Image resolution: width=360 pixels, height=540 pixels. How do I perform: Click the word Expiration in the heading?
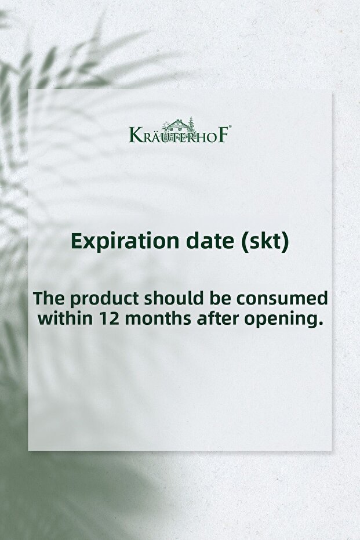tap(125, 242)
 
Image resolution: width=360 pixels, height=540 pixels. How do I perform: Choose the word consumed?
tap(282, 299)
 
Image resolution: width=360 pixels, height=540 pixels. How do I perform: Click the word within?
tap(66, 318)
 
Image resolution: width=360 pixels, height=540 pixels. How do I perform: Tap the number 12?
tap(109, 318)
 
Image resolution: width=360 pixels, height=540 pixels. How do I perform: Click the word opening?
tap(281, 320)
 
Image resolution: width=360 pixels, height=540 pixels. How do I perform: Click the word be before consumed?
tap(220, 298)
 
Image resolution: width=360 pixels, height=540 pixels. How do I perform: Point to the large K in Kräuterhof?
tap(134, 135)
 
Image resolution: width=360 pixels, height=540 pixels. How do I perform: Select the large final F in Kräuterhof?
tap(223, 135)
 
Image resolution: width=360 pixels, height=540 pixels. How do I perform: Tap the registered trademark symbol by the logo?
tap(230, 126)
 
